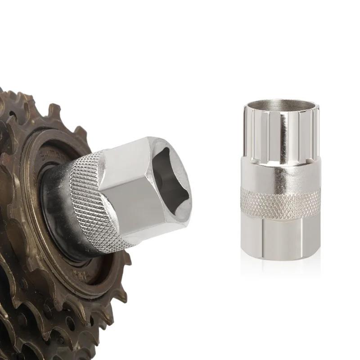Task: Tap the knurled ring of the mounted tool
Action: pyautogui.click(x=90, y=198)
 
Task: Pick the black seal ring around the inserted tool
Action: pyautogui.click(x=56, y=216)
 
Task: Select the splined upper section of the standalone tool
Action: pyautogui.click(x=281, y=135)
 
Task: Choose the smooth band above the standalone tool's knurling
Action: pyautogui.click(x=281, y=173)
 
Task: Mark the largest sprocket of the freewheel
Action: pyautogui.click(x=27, y=315)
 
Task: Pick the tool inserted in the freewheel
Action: pyautogui.click(x=130, y=193)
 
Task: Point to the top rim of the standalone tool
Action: pyautogui.click(x=281, y=102)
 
